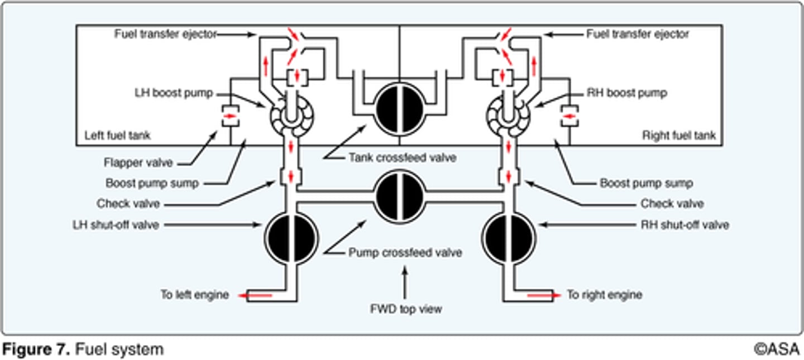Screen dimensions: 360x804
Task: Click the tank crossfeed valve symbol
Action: (400, 109)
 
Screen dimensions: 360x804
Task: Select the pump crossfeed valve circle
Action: (400, 194)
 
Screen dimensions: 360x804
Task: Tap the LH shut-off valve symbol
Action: (291, 238)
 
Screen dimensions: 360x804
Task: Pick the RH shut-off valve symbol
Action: (509, 238)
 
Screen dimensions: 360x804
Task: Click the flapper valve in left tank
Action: (230, 116)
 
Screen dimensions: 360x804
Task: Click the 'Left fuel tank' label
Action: (117, 136)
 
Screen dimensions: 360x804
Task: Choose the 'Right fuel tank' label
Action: (678, 136)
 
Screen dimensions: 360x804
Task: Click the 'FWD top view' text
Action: (405, 309)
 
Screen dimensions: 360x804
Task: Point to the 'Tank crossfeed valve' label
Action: (402, 158)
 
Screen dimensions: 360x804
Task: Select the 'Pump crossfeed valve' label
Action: (405, 253)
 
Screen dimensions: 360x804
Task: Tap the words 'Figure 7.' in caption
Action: (36, 350)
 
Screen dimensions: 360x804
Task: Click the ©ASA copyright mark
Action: (777, 350)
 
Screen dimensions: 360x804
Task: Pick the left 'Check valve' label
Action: (128, 204)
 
